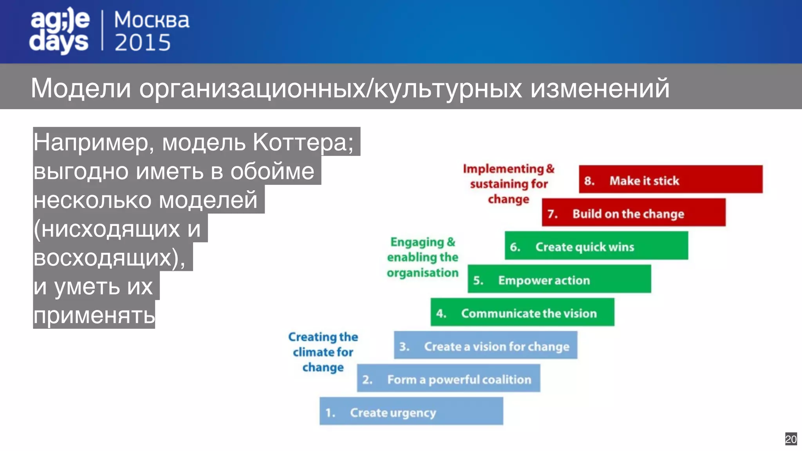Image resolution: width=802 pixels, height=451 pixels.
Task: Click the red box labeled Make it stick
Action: pos(670,180)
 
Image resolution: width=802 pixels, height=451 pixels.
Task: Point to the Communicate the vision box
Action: pos(522,312)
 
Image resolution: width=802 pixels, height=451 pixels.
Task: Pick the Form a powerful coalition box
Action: pos(448,379)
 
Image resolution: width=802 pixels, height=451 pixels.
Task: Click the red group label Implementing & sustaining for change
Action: pos(509,184)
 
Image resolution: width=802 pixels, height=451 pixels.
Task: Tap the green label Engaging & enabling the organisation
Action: pos(423,257)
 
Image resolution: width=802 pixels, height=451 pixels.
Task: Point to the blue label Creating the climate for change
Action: pos(323,352)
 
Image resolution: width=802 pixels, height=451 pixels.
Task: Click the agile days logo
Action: pos(60,31)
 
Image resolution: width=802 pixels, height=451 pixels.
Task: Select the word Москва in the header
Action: pos(152,20)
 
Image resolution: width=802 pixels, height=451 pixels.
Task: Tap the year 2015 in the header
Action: pos(143,43)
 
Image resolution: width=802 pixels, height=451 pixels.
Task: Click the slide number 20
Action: pos(791,439)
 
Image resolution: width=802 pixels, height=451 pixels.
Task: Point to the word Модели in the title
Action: pos(81,88)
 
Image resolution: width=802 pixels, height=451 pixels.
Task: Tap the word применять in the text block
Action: pos(94,315)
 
